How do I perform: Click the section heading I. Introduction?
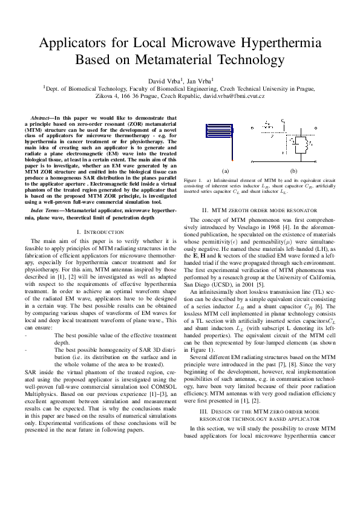click(x=100, y=232)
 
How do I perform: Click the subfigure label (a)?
click(x=226, y=171)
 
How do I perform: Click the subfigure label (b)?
click(x=293, y=171)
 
